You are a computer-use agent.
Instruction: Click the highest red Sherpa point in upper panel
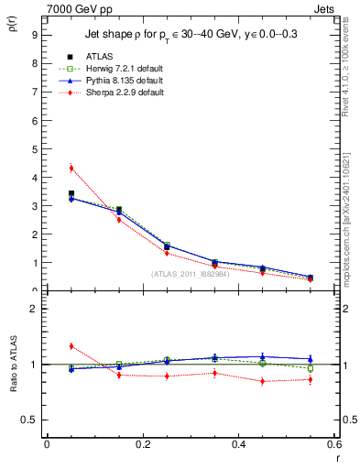coord(71,168)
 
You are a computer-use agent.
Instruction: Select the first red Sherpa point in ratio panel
coord(71,345)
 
